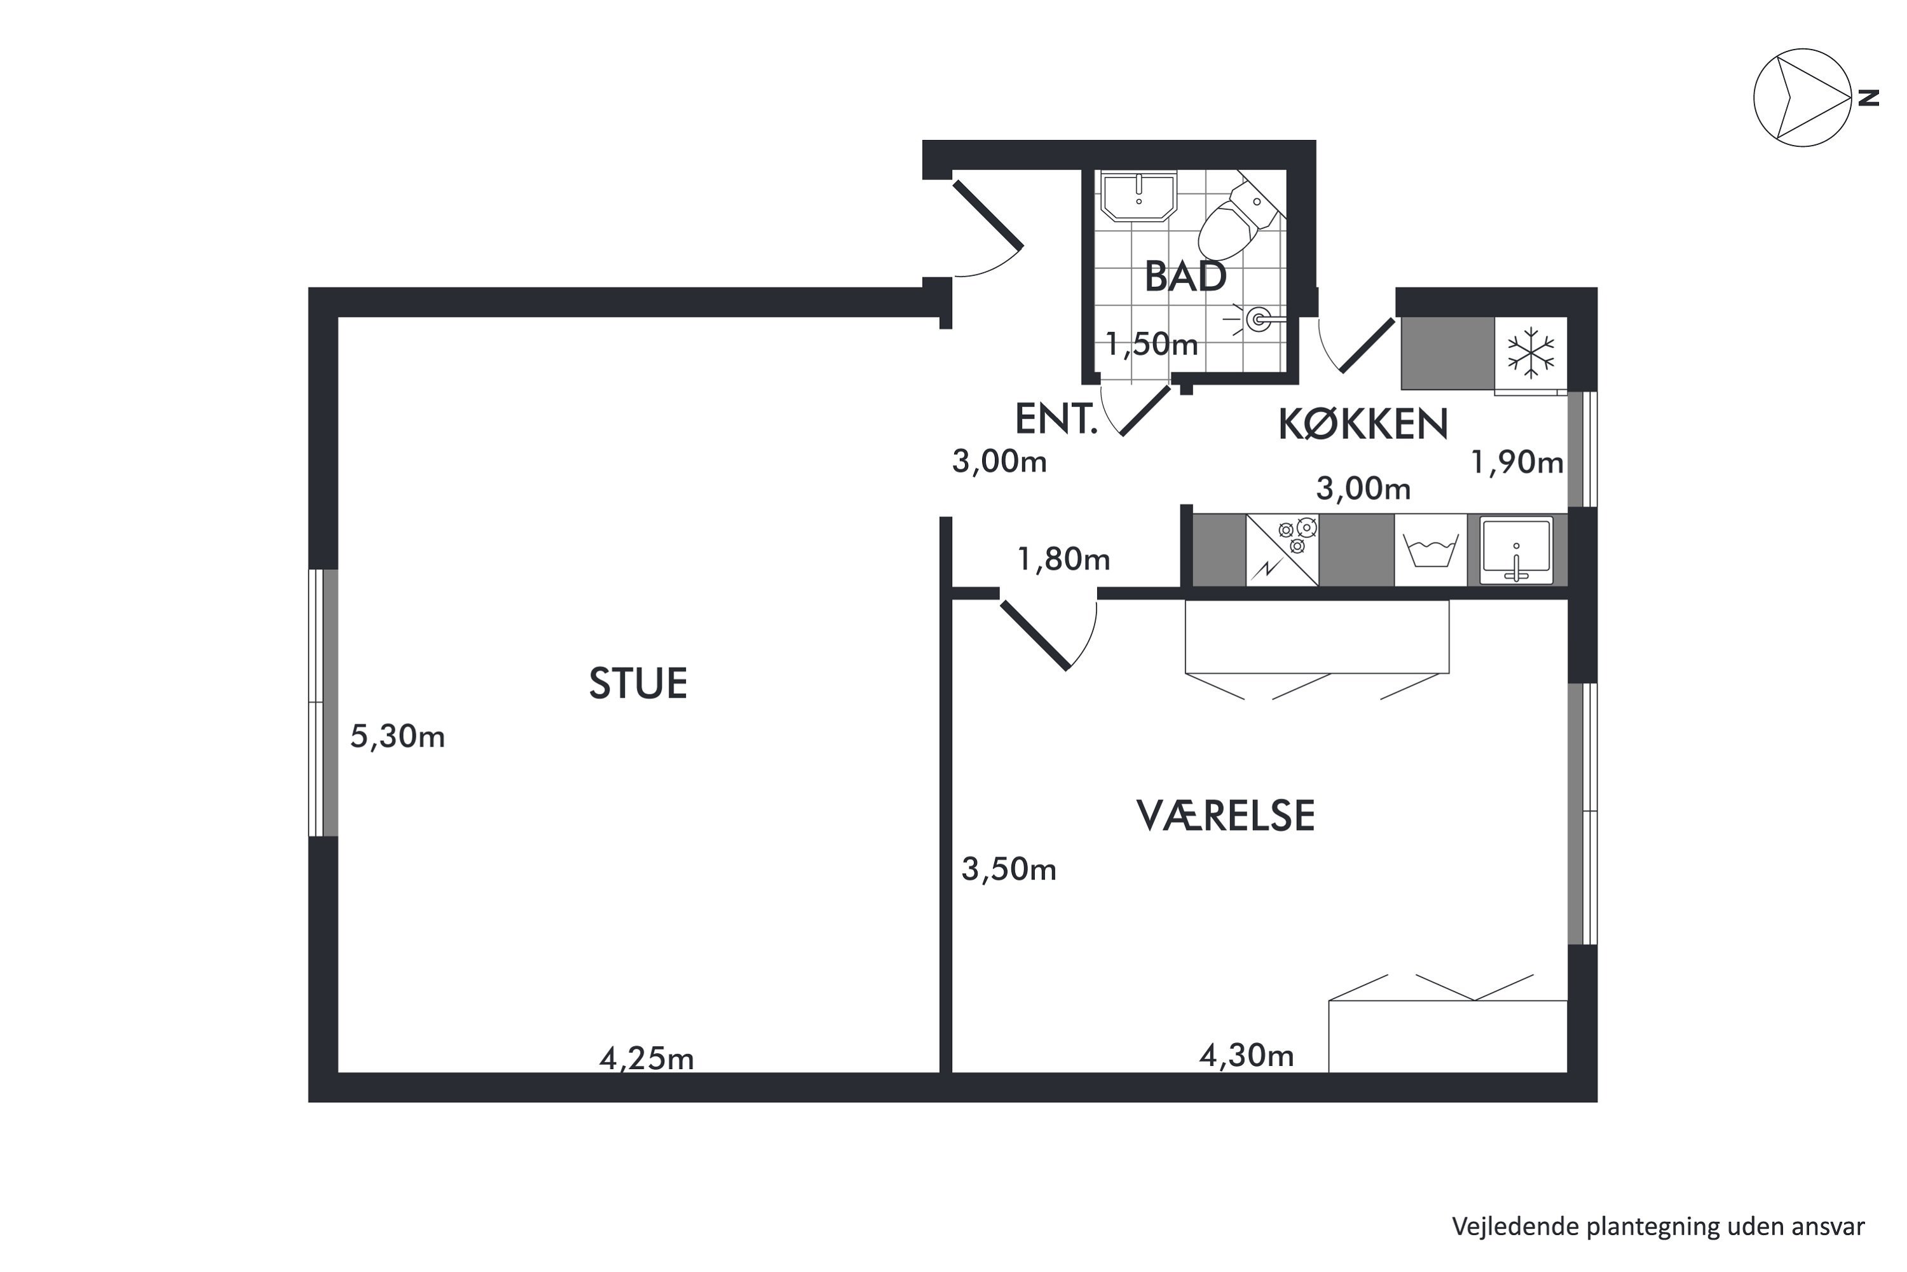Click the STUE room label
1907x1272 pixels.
pyautogui.click(x=638, y=683)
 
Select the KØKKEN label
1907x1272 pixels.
pyautogui.click(x=1363, y=424)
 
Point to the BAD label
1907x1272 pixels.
pyautogui.click(x=1186, y=277)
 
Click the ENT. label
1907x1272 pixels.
pyautogui.click(x=1056, y=419)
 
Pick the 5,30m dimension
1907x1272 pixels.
pyautogui.click(x=397, y=736)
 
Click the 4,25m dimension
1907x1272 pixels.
pyautogui.click(x=646, y=1059)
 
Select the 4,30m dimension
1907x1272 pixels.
pyautogui.click(x=1246, y=1055)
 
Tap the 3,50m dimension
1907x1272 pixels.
pyautogui.click(x=1009, y=869)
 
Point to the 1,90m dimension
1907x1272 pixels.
pyautogui.click(x=1517, y=462)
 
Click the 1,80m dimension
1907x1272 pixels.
pyautogui.click(x=1063, y=559)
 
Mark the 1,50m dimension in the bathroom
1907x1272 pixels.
pyautogui.click(x=1151, y=345)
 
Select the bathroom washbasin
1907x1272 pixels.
pyautogui.click(x=1138, y=195)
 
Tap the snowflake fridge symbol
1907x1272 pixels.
pyautogui.click(x=1531, y=353)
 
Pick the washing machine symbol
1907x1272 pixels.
pyautogui.click(x=1430, y=550)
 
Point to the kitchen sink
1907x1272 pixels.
pyautogui.click(x=1516, y=550)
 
